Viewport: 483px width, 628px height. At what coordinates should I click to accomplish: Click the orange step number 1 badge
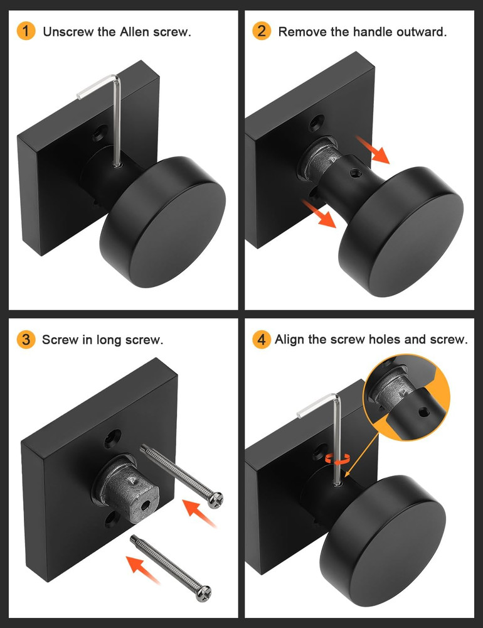tap(26, 31)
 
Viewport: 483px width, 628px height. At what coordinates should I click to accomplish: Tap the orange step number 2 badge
tap(262, 31)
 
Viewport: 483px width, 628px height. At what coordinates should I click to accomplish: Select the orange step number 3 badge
tap(26, 340)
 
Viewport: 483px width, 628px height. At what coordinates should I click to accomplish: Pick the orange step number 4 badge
tap(262, 340)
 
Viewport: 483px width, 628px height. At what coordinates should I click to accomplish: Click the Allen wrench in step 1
tap(116, 119)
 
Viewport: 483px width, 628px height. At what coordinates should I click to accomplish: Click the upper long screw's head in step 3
tap(216, 500)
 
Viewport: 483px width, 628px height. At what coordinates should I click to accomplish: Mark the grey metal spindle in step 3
tap(125, 487)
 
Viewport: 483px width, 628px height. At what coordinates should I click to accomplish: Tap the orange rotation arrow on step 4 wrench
tap(339, 459)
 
